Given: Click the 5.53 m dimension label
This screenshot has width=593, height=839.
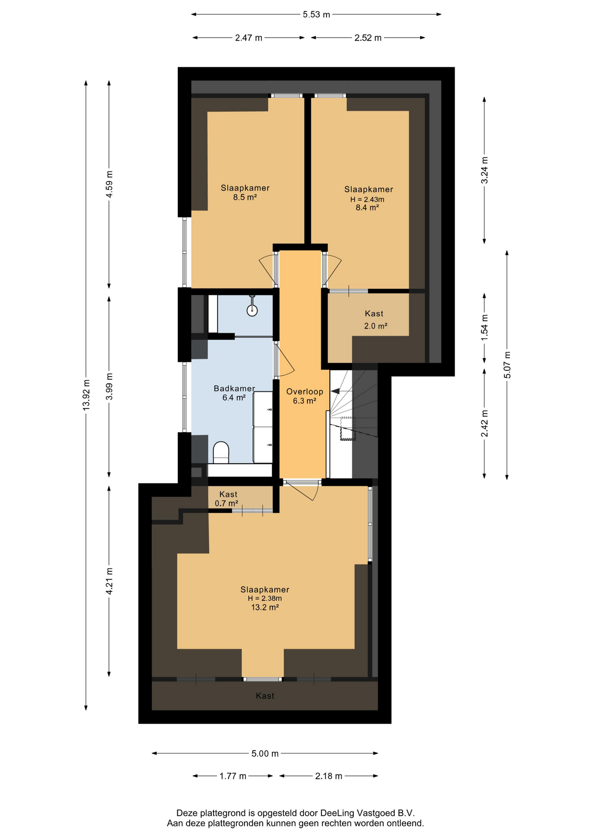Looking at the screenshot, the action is tap(316, 14).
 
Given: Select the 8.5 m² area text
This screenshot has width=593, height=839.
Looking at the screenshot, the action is tap(245, 197).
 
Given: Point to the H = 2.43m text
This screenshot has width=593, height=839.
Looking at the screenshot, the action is tap(367, 199).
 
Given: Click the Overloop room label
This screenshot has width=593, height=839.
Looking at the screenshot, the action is tap(305, 392).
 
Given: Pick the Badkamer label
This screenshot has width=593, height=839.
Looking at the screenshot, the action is tap(234, 388).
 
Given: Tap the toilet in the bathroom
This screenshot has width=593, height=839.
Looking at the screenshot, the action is tap(221, 452).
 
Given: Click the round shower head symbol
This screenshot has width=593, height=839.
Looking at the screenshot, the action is tap(252, 310).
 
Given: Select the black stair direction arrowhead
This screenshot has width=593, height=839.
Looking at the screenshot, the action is tap(335, 391).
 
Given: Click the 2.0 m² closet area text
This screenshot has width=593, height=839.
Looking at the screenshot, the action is tap(376, 326).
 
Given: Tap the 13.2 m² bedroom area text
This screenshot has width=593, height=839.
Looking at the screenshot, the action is tap(265, 607).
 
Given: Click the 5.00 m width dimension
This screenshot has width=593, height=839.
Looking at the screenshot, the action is tap(265, 753).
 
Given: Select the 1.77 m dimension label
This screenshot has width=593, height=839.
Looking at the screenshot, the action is tap(233, 776).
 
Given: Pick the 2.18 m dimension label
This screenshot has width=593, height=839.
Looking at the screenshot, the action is tap(328, 776).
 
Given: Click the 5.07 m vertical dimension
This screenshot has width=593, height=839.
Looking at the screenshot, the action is tap(507, 365).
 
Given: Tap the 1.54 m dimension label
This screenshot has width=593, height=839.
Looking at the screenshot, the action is tap(484, 328).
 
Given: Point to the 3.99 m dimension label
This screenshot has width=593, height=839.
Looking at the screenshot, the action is tap(109, 386).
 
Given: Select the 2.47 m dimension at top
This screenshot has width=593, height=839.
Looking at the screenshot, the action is tap(248, 38).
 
